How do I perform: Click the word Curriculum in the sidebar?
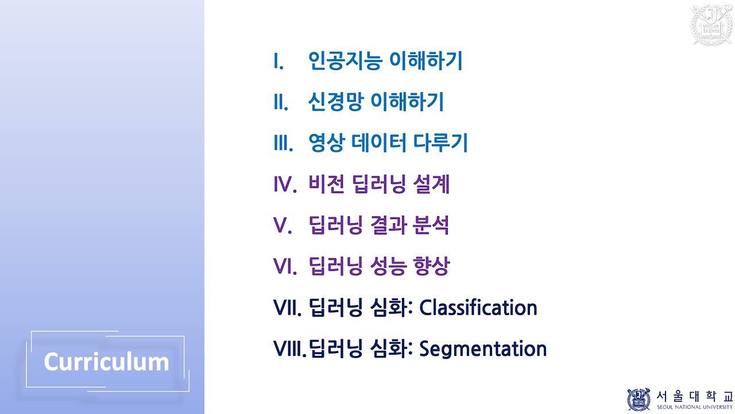click(106, 362)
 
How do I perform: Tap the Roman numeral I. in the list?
click(278, 61)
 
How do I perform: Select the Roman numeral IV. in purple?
click(284, 185)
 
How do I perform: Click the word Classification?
click(478, 308)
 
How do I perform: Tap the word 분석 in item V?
click(431, 225)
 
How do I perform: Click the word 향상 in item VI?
click(431, 266)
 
